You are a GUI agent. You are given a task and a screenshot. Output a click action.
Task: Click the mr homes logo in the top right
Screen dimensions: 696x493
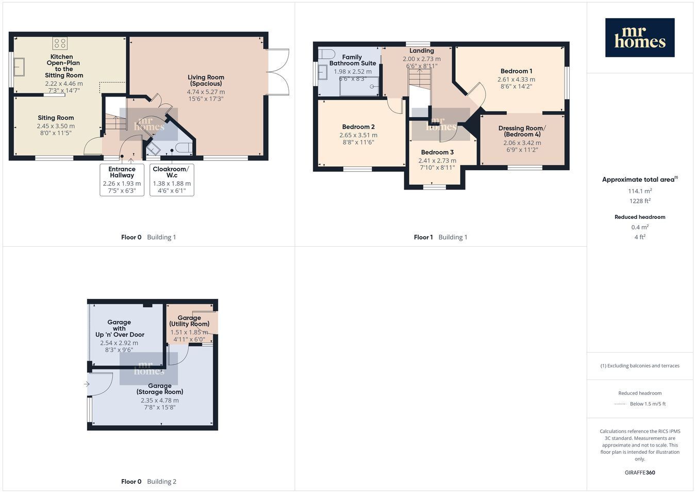(640, 38)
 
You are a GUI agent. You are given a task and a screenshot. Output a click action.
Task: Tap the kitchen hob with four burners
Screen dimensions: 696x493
(60, 43)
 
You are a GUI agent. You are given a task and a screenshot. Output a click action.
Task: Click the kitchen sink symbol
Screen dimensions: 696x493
(19, 67)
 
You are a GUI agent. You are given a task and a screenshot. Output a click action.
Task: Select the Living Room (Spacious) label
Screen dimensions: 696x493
(206, 80)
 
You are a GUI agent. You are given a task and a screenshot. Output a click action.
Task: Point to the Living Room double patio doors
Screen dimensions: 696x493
(277, 72)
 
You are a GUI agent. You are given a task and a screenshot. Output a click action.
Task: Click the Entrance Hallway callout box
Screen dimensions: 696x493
(122, 180)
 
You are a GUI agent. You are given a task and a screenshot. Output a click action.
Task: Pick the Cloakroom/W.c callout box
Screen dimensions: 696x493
(172, 180)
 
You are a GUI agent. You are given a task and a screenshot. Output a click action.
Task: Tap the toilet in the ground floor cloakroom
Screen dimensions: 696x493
(185, 148)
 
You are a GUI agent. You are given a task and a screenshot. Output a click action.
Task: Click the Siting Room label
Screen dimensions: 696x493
(56, 118)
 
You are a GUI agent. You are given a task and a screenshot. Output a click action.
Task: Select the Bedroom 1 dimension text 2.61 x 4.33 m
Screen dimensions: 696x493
(517, 79)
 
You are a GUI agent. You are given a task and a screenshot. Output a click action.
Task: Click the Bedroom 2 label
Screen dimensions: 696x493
(358, 126)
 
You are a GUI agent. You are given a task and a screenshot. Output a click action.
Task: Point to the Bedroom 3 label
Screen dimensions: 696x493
(437, 152)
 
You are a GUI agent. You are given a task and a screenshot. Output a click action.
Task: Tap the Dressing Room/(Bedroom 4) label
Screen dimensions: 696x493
(522, 131)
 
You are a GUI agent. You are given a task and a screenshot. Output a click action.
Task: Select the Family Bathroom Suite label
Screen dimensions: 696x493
(352, 60)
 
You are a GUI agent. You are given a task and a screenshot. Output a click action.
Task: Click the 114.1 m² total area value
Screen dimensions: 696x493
(640, 191)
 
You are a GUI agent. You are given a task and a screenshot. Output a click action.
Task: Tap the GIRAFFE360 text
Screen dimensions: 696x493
(640, 472)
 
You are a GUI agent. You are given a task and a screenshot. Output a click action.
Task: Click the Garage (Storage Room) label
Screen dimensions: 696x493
(160, 389)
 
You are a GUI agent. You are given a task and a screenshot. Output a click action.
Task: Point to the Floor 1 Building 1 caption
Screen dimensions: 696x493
(440, 237)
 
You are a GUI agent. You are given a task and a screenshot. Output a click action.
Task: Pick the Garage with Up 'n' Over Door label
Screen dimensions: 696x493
(120, 328)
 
